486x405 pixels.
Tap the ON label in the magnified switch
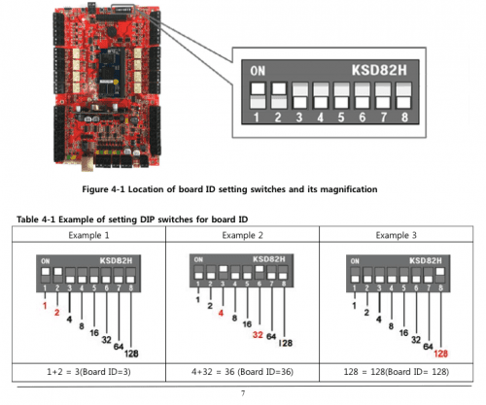coord(259,70)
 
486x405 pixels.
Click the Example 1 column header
coord(87,235)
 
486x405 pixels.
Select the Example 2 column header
coord(243,235)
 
